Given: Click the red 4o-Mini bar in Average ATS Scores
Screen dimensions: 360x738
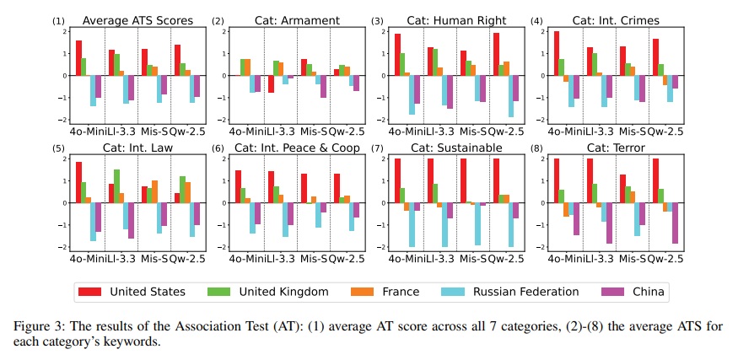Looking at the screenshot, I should click(x=79, y=58).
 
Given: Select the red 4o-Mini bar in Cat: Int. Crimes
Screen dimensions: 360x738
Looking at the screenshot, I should click(x=556, y=53).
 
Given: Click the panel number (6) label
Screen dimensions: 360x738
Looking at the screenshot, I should click(x=218, y=148).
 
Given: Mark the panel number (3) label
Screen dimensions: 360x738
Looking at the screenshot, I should click(x=377, y=20).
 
